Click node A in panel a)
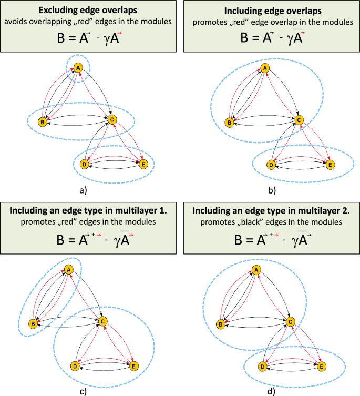coord(78,68)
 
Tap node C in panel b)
coord(299,120)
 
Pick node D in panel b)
coord(271,165)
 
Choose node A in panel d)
coord(256,270)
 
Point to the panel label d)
coord(270,390)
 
